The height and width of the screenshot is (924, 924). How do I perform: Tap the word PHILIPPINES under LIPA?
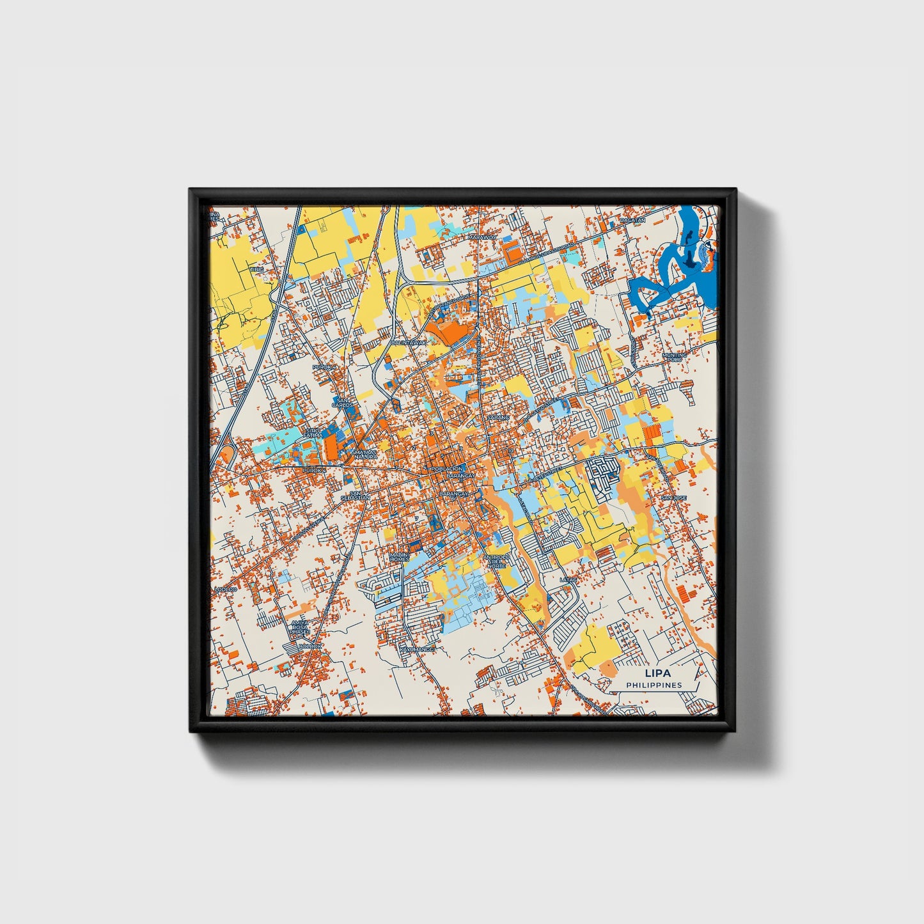[654, 685]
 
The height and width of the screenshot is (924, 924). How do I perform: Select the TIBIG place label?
[256, 269]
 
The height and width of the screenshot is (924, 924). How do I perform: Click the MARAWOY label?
[482, 237]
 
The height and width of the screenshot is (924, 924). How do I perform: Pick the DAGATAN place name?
[632, 220]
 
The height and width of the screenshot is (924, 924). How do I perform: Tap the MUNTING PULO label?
[675, 357]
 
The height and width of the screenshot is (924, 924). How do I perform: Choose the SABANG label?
[498, 417]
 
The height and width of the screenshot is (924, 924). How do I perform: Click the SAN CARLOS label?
[342, 403]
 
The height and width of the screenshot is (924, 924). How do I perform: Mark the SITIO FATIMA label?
[311, 433]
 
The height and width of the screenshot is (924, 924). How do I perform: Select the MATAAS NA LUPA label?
[364, 455]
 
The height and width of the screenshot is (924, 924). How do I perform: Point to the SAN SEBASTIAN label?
[356, 496]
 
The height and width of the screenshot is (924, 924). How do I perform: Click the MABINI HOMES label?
[399, 556]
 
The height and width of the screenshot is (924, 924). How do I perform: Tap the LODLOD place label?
[225, 589]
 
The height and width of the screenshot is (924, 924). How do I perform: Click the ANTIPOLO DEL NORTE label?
[496, 561]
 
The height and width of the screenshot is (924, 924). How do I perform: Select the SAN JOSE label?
[673, 497]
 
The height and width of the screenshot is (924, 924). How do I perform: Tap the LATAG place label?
[568, 580]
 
